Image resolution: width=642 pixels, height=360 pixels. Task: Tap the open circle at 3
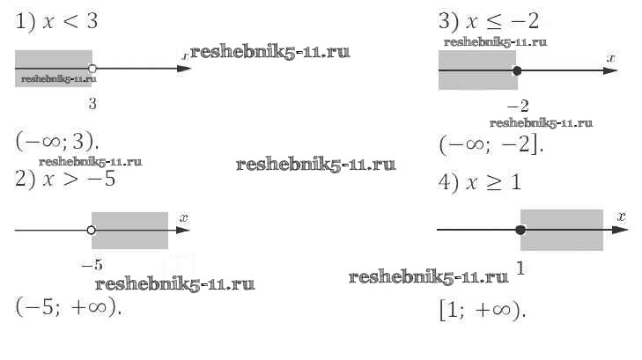pyautogui.click(x=92, y=69)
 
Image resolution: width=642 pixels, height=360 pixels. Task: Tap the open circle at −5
pyautogui.click(x=92, y=231)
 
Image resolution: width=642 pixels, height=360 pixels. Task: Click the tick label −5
pyautogui.click(x=92, y=264)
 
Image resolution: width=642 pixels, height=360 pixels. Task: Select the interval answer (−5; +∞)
pyautogui.click(x=68, y=308)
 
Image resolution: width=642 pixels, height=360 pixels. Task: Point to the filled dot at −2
pyautogui.click(x=517, y=70)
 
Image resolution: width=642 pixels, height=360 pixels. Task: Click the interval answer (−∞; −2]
pyautogui.click(x=491, y=144)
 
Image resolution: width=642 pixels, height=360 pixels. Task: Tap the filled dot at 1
pyautogui.click(x=520, y=230)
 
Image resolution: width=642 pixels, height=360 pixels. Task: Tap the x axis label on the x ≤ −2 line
pyautogui.click(x=610, y=57)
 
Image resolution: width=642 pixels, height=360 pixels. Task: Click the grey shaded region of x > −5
pyautogui.click(x=130, y=231)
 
